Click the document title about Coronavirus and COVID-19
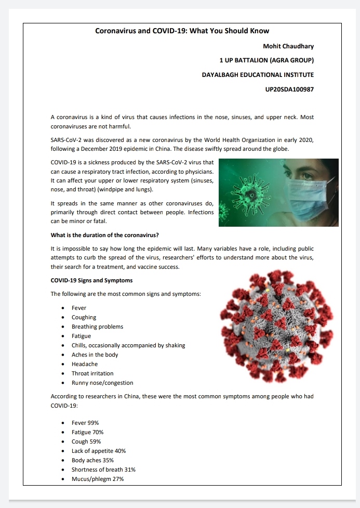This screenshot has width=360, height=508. click(182, 31)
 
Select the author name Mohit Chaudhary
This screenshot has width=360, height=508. click(288, 46)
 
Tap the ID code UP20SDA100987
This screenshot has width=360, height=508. click(289, 89)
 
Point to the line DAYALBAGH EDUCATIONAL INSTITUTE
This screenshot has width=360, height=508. click(258, 75)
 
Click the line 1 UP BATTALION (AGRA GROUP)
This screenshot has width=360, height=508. click(266, 60)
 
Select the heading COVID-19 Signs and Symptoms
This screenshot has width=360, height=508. click(91, 280)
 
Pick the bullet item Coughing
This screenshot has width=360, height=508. click(84, 317)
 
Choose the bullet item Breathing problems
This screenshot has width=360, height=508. click(97, 327)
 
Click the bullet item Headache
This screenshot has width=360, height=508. click(85, 364)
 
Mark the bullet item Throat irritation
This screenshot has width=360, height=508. click(92, 373)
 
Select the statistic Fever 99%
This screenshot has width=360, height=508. click(85, 423)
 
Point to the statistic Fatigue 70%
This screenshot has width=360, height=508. click(87, 432)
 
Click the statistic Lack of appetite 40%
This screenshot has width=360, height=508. click(99, 451)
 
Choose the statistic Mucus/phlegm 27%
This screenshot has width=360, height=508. click(98, 479)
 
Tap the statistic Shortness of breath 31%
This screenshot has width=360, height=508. click(103, 470)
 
